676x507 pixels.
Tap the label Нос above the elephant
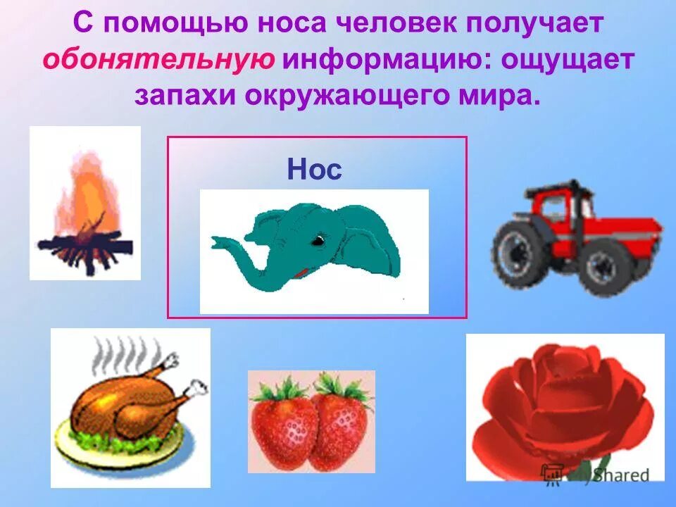coord(315,170)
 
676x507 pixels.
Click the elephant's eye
coord(319,241)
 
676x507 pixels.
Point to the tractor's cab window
coord(556,204)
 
